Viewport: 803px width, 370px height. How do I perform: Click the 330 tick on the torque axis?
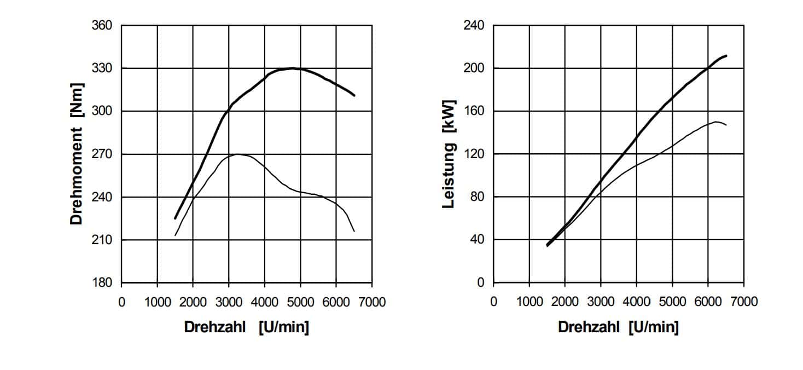[102, 68]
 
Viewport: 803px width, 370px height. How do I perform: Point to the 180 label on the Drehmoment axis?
[102, 283]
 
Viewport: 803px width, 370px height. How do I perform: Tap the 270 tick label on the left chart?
[102, 154]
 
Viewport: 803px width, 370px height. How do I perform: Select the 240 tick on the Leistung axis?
[475, 26]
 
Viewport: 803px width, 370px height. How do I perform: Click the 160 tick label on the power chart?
[475, 111]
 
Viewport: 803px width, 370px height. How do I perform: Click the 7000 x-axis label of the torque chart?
[372, 302]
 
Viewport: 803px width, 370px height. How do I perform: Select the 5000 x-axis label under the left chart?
[300, 302]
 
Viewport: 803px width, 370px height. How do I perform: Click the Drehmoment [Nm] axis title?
[77, 154]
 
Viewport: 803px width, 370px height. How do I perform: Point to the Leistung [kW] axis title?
[449, 154]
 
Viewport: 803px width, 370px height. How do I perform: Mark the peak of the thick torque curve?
[293, 68]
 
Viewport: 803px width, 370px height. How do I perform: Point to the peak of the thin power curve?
[715, 122]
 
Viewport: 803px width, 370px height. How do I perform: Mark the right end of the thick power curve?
[726, 55]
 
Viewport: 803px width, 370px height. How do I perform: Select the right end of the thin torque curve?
[354, 231]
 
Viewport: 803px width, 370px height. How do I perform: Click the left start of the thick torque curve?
[175, 218]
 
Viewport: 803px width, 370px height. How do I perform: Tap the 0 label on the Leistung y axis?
[481, 283]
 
